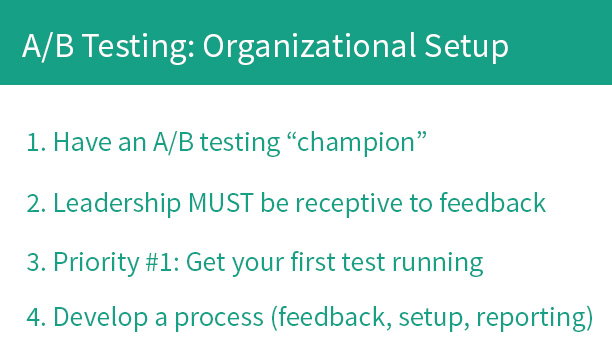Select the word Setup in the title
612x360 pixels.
(461, 46)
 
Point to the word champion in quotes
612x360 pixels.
(356, 143)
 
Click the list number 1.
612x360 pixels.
(34, 143)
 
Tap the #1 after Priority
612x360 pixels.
(152, 263)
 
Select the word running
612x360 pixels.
(440, 263)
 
